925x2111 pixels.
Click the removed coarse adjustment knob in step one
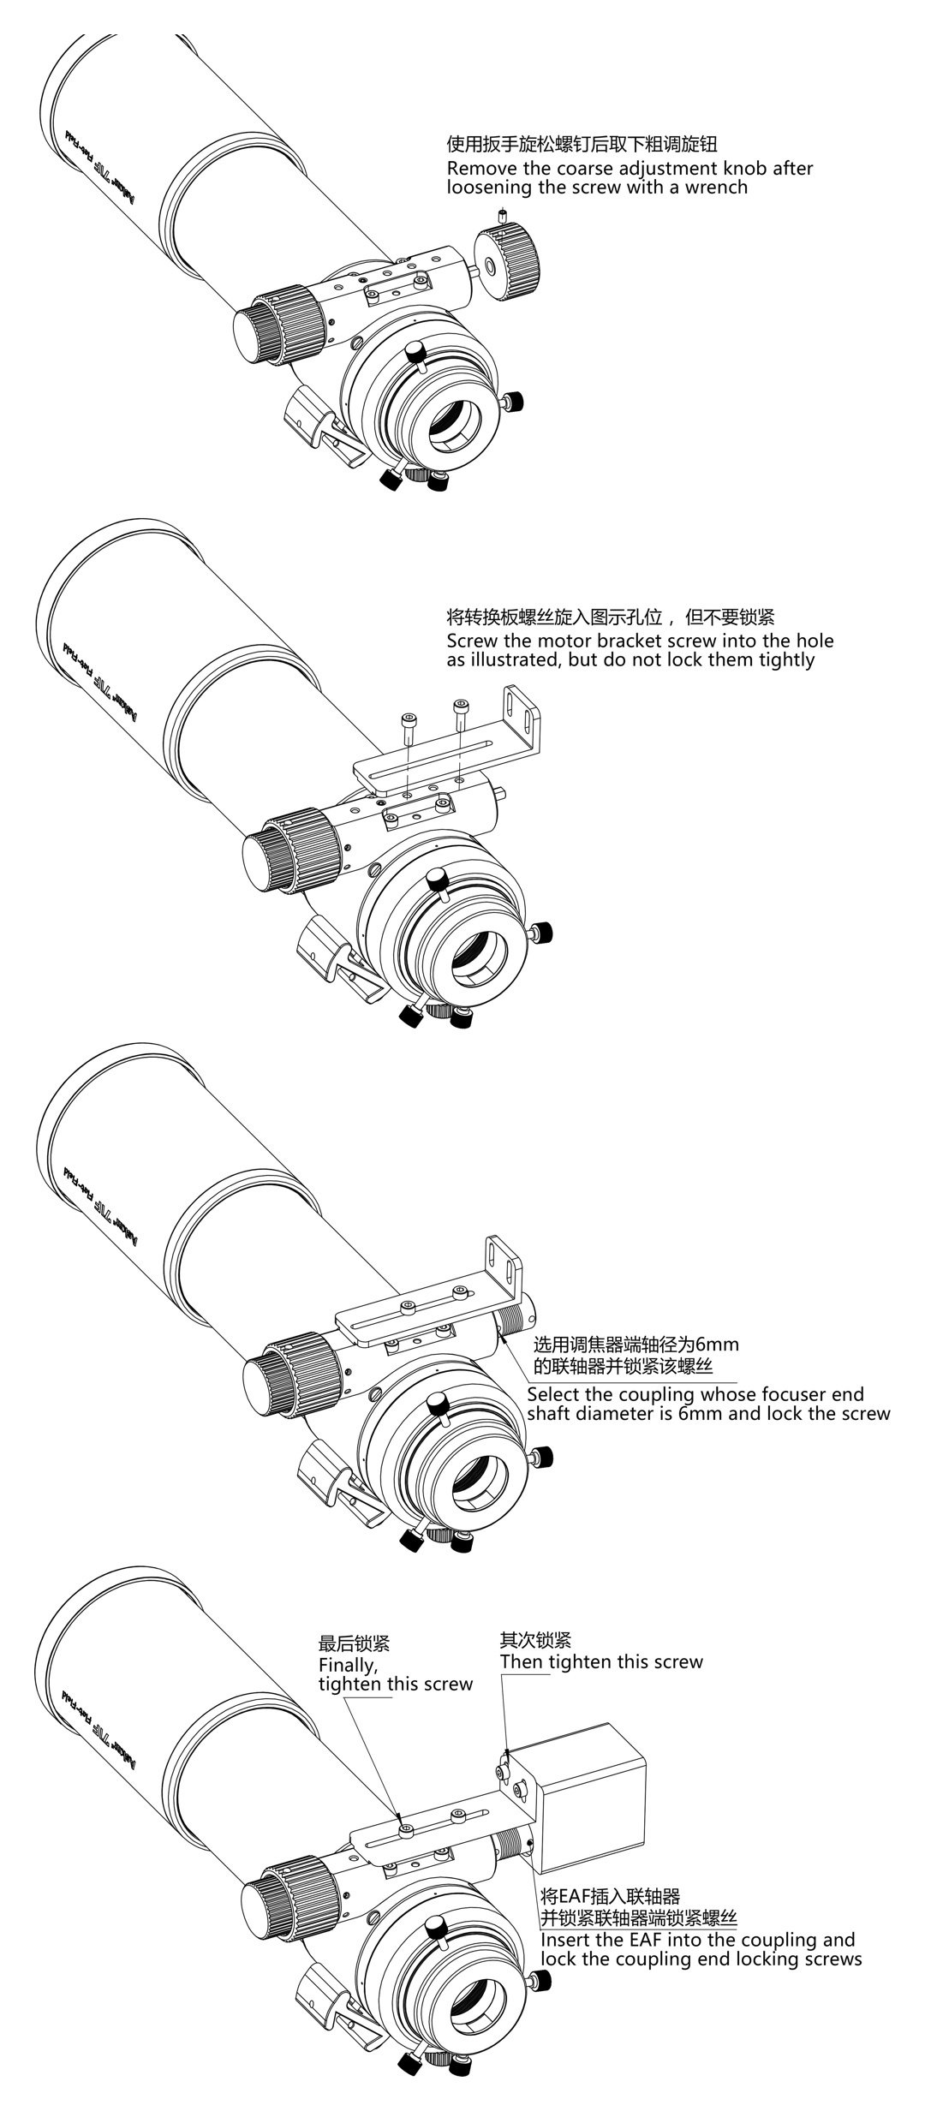(509, 262)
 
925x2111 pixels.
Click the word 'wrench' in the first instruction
(715, 188)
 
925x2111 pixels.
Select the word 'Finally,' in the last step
(348, 1666)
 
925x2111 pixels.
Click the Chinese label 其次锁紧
(535, 1640)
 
